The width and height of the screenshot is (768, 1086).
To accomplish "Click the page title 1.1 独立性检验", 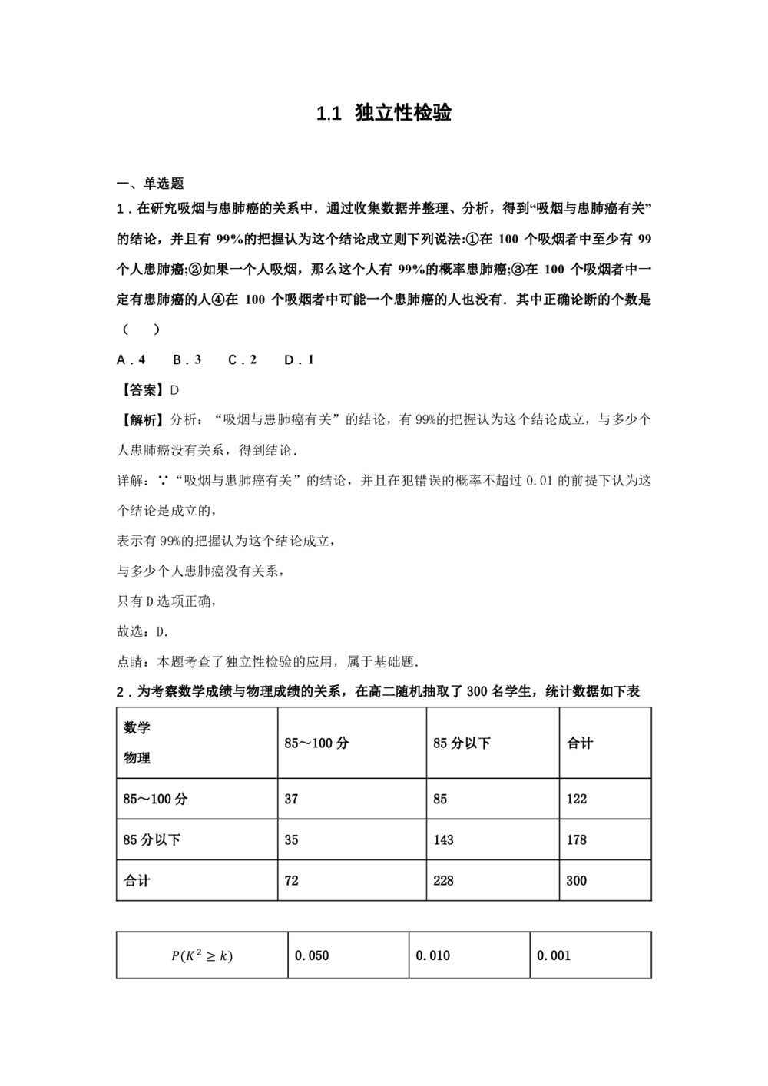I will point(384,114).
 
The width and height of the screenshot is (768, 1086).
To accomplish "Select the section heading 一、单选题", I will point(151,184).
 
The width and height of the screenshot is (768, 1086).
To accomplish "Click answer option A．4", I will point(131,359).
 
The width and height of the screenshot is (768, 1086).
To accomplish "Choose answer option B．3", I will point(187,359).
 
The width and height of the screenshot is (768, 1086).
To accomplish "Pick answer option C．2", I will point(242,359).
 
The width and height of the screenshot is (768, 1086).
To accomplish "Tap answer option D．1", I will point(299,359).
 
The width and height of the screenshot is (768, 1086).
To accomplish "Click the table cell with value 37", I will point(292,799).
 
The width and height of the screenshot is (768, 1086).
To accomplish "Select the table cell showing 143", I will point(444,839).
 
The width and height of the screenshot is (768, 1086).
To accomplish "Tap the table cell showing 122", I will point(577,799).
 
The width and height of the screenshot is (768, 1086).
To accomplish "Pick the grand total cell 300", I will point(577,881).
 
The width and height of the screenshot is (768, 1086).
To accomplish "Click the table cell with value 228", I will point(444,881).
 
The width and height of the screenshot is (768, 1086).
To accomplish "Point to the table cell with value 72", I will point(292,881).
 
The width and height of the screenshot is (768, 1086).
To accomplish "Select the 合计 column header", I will point(580,743).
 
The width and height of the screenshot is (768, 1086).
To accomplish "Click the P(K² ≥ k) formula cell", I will point(202,956).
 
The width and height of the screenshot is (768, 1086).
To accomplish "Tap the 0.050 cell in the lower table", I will point(312,956).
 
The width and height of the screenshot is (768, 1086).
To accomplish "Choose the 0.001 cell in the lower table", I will point(554,956).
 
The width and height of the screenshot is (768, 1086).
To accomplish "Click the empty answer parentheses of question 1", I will point(141,329).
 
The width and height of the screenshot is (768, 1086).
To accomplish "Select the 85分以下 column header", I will point(462,743).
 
